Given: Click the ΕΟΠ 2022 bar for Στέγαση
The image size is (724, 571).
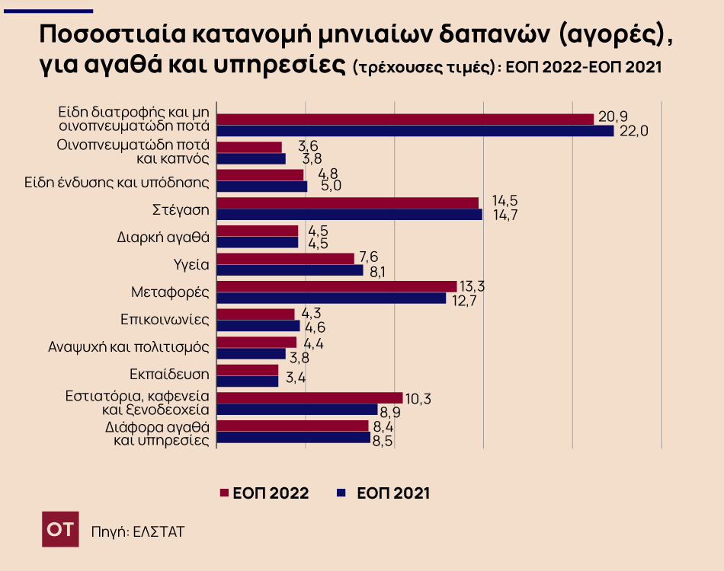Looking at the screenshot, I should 348,203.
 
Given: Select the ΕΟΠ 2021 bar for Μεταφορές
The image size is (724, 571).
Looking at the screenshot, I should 332,298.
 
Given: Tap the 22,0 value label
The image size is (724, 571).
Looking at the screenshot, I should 634,131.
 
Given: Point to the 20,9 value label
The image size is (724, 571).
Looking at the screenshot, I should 613,116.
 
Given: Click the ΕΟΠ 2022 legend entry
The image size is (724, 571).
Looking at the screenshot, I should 264,493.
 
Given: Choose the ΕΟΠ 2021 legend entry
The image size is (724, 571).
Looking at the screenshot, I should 383,493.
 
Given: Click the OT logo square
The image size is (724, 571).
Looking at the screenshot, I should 59,529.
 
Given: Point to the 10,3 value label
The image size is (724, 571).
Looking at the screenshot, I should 418,398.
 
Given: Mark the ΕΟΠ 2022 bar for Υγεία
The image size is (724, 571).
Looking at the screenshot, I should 286,259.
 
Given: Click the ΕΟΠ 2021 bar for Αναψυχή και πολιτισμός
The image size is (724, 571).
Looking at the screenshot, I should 251,354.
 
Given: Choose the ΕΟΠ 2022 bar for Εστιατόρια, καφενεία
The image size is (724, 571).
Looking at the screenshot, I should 309,397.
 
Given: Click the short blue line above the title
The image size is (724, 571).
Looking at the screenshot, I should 48,11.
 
